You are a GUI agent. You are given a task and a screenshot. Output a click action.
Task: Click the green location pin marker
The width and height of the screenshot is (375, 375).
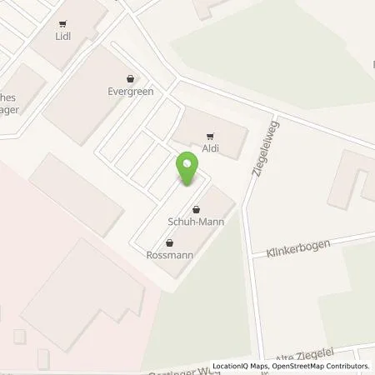pos(187,169)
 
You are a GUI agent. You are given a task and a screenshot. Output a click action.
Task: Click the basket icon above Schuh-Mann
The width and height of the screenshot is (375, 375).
pos(196,209)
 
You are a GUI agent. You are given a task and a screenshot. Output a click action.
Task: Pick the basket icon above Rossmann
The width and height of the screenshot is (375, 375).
pos(171,243)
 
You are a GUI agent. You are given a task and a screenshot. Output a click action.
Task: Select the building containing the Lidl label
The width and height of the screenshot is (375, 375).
pos(71,33)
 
